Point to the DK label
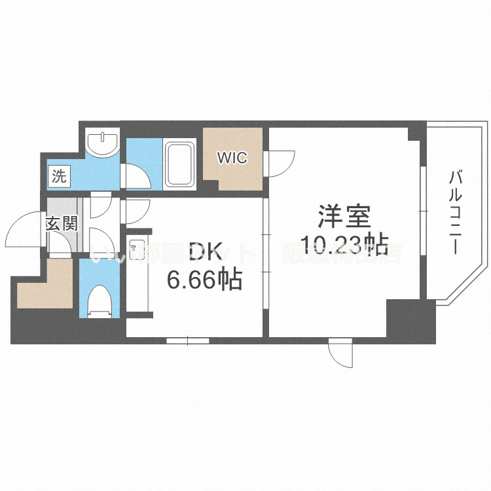pyautogui.click(x=204, y=251)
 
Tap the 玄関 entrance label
pyautogui.click(x=62, y=223)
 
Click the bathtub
pyautogui.click(x=179, y=165)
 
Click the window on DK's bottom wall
pyautogui.click(x=187, y=340)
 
